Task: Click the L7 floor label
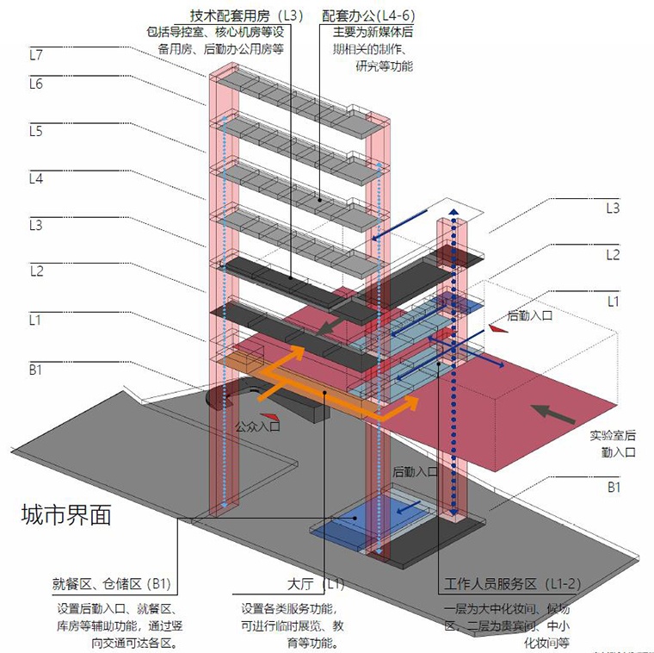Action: (x=35, y=54)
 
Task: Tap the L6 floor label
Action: (x=35, y=84)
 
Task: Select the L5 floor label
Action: (x=35, y=131)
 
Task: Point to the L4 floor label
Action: (x=35, y=179)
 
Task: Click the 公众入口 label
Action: (x=257, y=426)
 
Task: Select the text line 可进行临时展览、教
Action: (x=293, y=626)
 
